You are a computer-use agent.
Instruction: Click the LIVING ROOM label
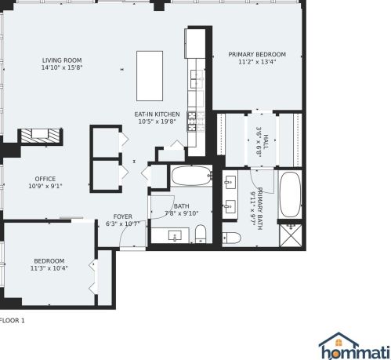pos(62,60)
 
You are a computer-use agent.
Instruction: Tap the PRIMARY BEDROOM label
pos(257,54)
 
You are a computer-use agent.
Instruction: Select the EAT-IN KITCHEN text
pos(158,115)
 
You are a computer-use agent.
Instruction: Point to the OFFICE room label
pos(45,179)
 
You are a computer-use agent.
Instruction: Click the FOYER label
pos(122,216)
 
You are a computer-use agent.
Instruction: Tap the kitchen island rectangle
pos(150,73)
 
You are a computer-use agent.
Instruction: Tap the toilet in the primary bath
pos(231,237)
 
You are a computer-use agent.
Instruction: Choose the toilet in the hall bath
pos(201,232)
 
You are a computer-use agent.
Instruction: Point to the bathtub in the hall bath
pos(190,175)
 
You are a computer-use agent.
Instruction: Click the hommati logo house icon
pos(335,340)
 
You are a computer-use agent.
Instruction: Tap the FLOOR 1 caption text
pos(13,320)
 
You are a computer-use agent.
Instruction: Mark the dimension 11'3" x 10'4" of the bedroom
pos(49,267)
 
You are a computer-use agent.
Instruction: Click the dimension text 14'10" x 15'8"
pos(62,67)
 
